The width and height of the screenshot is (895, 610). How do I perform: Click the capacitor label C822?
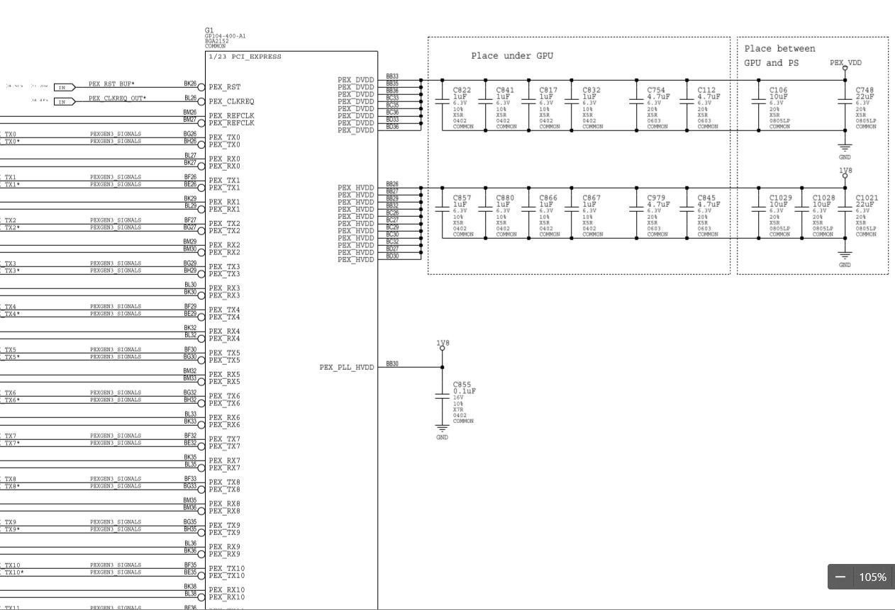pos(462,90)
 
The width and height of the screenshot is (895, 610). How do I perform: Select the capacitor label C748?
pos(865,90)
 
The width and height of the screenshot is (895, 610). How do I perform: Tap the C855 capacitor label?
pos(462,385)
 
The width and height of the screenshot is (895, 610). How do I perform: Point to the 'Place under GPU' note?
pos(512,56)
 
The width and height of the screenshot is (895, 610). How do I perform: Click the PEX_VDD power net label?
pos(845,63)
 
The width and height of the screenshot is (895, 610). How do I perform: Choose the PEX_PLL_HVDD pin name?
pos(346,368)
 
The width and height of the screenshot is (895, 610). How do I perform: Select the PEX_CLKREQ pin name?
pos(231,101)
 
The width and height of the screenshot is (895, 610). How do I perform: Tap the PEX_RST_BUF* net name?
pos(112,84)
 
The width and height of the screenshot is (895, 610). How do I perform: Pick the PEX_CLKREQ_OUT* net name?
pos(118,98)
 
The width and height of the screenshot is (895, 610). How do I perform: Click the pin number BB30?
pos(392,364)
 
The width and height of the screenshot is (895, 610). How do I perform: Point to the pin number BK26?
pos(190,84)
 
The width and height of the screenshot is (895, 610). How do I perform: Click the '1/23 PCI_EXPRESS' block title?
pos(245,57)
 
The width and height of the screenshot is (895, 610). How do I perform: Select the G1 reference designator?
pos(209,30)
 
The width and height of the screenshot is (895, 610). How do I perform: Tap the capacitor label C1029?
pos(781,198)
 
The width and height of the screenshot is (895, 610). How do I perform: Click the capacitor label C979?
pos(657,198)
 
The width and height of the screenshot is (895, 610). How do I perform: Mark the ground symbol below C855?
pos(443,429)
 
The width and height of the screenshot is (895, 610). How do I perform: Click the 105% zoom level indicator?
pos(872,577)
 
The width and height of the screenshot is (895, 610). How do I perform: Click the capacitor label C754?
pos(656,90)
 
